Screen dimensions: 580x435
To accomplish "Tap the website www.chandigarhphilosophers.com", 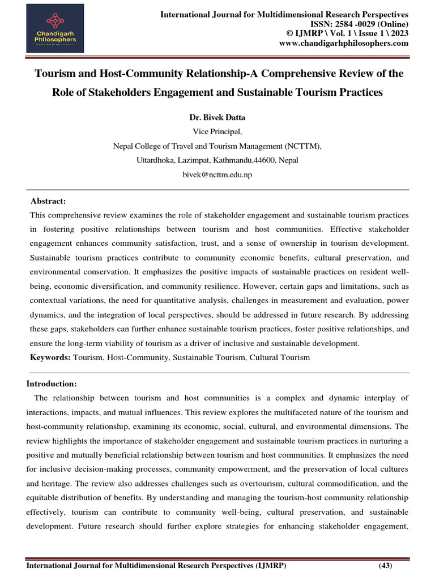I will [344, 44].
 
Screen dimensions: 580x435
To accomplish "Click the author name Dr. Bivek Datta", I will [217, 118].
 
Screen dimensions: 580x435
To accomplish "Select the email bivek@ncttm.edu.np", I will [217, 174].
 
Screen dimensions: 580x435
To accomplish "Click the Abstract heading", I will [48, 201].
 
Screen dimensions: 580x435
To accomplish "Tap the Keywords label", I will [50, 357].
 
